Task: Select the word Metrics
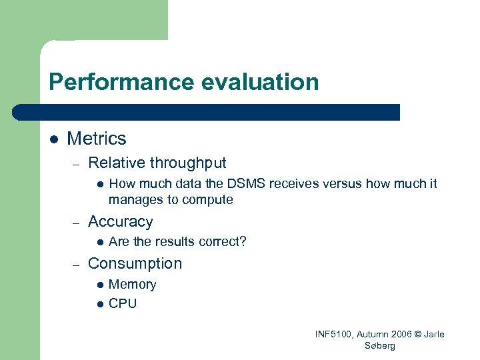[97, 139]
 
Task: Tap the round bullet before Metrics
[54, 139]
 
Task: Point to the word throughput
[188, 163]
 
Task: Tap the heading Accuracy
[121, 221]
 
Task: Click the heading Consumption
[135, 263]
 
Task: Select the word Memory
[132, 285]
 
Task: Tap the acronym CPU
[123, 303]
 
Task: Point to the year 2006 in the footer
[396, 335]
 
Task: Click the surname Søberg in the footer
[380, 346]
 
